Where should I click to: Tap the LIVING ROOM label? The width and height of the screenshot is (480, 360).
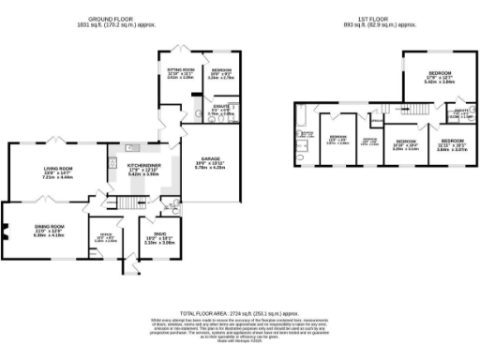(x=58, y=171)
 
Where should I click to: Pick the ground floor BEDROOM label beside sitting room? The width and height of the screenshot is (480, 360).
(x=222, y=71)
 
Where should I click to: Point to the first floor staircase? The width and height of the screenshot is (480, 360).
(x=376, y=122)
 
